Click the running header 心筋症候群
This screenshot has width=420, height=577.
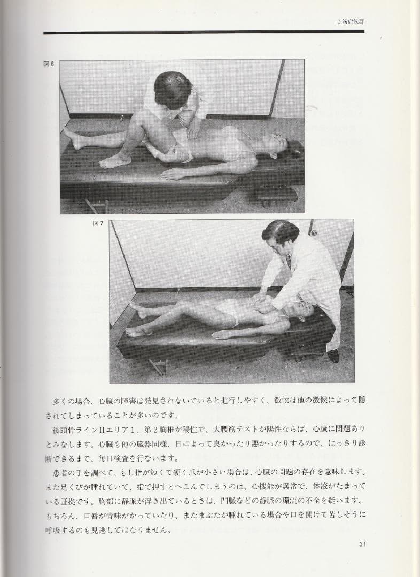coord(350,22)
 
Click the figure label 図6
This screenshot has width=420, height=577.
coord(49,64)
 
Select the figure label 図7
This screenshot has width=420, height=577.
coord(98,223)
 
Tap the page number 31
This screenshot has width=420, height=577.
coord(361,544)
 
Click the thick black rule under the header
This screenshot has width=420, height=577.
coord(204,33)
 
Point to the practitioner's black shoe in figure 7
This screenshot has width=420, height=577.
coord(333,355)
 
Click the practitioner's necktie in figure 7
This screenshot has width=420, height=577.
coord(289,262)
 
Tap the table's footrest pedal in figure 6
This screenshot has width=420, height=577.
coord(277,194)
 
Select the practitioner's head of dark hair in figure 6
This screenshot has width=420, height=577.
coord(172,89)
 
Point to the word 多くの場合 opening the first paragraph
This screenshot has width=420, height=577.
coord(73,401)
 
